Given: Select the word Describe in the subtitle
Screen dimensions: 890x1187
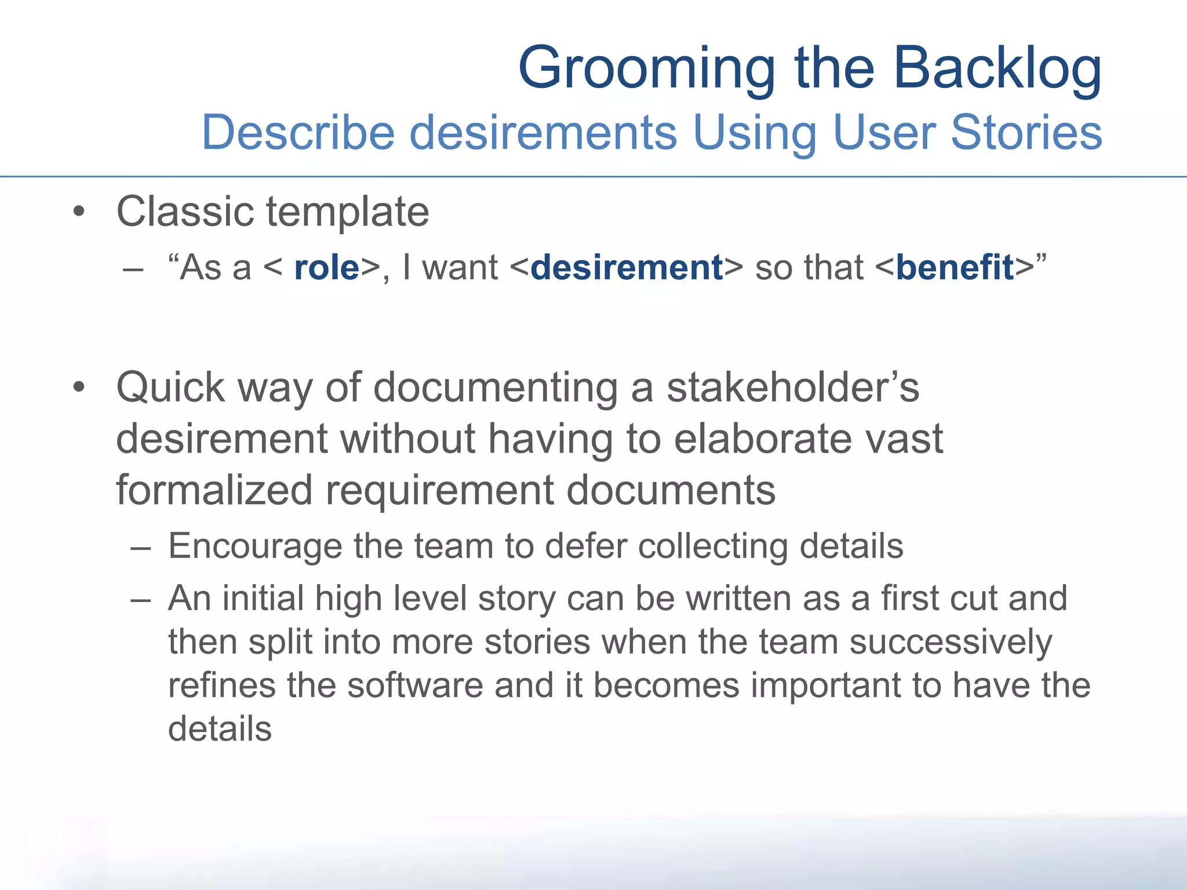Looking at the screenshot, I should click(x=298, y=133).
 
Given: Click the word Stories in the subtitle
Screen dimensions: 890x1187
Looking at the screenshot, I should click(x=1026, y=133).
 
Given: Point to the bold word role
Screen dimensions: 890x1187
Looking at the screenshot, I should click(x=327, y=268).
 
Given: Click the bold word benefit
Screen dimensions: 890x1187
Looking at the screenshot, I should click(x=955, y=268).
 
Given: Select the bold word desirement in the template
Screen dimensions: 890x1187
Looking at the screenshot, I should click(x=627, y=268).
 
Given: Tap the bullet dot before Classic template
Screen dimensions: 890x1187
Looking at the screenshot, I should click(x=79, y=212).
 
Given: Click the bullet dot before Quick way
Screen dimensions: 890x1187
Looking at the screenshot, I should click(x=79, y=388).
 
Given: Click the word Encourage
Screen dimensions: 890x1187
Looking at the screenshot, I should click(x=255, y=546).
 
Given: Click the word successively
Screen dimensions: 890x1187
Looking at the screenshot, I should click(x=951, y=643).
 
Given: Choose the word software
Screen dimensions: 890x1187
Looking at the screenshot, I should click(x=415, y=685).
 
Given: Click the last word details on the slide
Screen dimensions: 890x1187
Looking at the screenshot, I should click(x=220, y=729).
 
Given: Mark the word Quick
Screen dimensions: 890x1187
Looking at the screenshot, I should click(x=170, y=388).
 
